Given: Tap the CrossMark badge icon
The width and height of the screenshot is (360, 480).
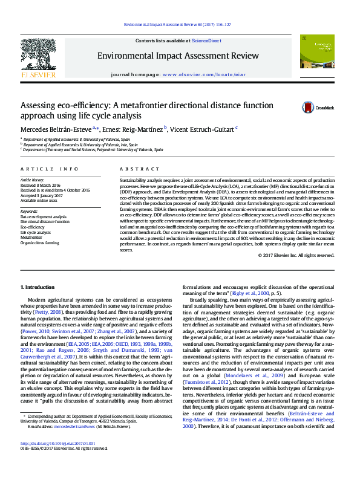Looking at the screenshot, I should coord(310,108).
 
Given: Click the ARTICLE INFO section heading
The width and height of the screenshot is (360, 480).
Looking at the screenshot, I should coord(50,169).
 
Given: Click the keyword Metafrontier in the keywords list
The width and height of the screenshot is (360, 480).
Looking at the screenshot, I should coord(32,238).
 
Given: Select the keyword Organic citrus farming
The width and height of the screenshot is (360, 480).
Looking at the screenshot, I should coord(40,242).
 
